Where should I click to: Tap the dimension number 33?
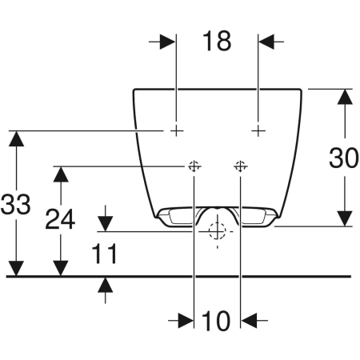coord(15,204)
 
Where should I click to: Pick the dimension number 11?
coord(104,254)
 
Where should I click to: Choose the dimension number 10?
coord(217,321)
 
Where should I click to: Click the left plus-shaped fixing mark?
coord(176,130)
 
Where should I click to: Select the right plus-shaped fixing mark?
coord(258,130)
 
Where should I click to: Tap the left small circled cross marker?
coord(193,166)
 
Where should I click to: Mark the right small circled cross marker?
coord(240,166)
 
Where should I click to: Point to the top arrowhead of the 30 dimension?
coord(344,97)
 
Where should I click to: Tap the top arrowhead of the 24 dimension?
coord(60,175)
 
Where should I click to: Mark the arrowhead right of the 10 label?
coord(249,320)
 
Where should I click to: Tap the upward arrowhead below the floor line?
coord(105,285)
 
